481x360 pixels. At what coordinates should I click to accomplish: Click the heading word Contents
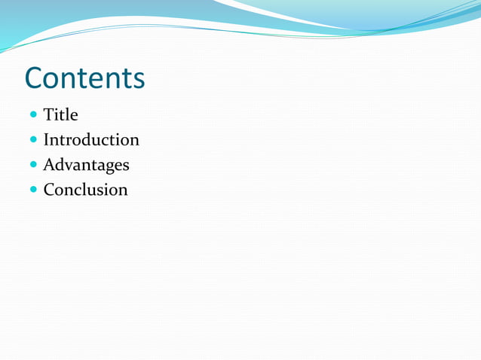coord(84,78)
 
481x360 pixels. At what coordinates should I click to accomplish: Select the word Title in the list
coord(60,115)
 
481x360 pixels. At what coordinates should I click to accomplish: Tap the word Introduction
coord(91,140)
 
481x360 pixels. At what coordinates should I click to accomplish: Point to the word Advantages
coord(86,165)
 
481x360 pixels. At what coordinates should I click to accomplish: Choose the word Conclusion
coord(85,190)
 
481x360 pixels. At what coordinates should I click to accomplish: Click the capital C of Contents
coord(35,78)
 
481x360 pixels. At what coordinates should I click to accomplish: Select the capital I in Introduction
coord(46,140)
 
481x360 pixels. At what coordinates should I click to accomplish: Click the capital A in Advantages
coord(49,165)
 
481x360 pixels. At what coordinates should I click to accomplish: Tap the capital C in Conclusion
coord(49,190)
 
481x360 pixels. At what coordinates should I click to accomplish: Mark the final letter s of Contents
coord(138,81)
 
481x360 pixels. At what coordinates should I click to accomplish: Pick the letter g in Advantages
coord(109,167)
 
